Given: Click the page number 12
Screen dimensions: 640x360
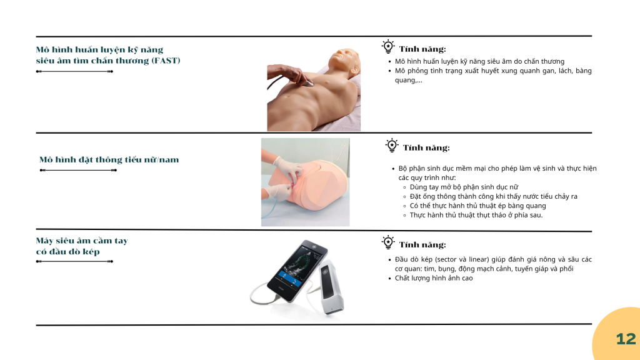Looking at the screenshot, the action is pos(626,339).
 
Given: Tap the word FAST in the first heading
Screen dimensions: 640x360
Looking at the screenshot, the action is pos(166,61).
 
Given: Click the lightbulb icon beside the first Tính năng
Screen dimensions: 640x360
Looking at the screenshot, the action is pos(388,46).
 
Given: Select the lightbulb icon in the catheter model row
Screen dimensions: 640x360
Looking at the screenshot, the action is pos(392,145).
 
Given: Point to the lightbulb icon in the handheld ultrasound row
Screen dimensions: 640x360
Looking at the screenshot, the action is pos(388,242).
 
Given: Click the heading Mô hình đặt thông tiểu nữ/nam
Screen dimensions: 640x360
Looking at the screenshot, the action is pos(109,159).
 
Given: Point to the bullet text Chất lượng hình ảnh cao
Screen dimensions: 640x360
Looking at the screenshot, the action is pos(434,278).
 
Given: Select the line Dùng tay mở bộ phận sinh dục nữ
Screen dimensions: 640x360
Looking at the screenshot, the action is pos(464,187).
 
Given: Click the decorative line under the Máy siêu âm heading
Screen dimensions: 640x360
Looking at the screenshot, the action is pos(74,261).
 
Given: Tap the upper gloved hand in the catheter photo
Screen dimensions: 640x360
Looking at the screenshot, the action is pos(289,166).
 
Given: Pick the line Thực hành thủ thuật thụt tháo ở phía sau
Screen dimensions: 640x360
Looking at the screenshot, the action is pos(476,215).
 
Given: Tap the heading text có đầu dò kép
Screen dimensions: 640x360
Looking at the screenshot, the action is pos(67,251).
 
